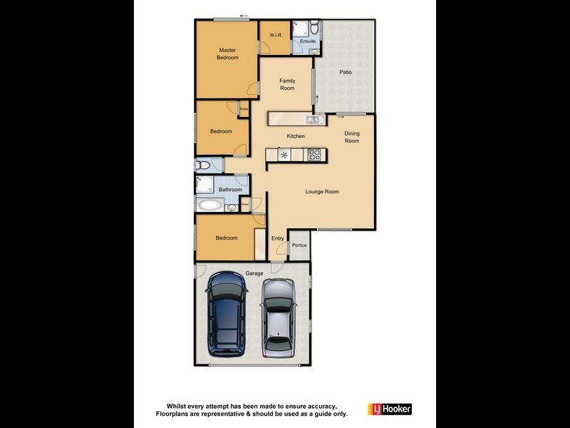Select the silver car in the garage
pyautogui.click(x=279, y=317)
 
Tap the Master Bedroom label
pyautogui.click(x=227, y=53)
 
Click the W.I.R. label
pyautogui.click(x=274, y=36)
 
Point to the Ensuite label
pyautogui.click(x=308, y=41)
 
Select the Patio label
pyautogui.click(x=346, y=72)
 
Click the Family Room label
pyautogui.click(x=287, y=84)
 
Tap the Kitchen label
pyautogui.click(x=296, y=136)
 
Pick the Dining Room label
pyautogui.click(x=352, y=137)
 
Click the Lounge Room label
pyautogui.click(x=322, y=191)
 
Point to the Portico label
pyautogui.click(x=299, y=245)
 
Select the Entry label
pyautogui.click(x=278, y=238)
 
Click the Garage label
pyautogui.click(x=254, y=273)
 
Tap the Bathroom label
pyautogui.click(x=230, y=190)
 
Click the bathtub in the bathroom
pyautogui.click(x=209, y=205)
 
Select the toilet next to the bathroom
pyautogui.click(x=204, y=165)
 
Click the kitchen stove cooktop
pyautogui.click(x=314, y=154)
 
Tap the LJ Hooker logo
pyautogui.click(x=389, y=409)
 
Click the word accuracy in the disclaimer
pyautogui.click(x=312, y=405)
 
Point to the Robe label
pyautogui.click(x=244, y=108)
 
